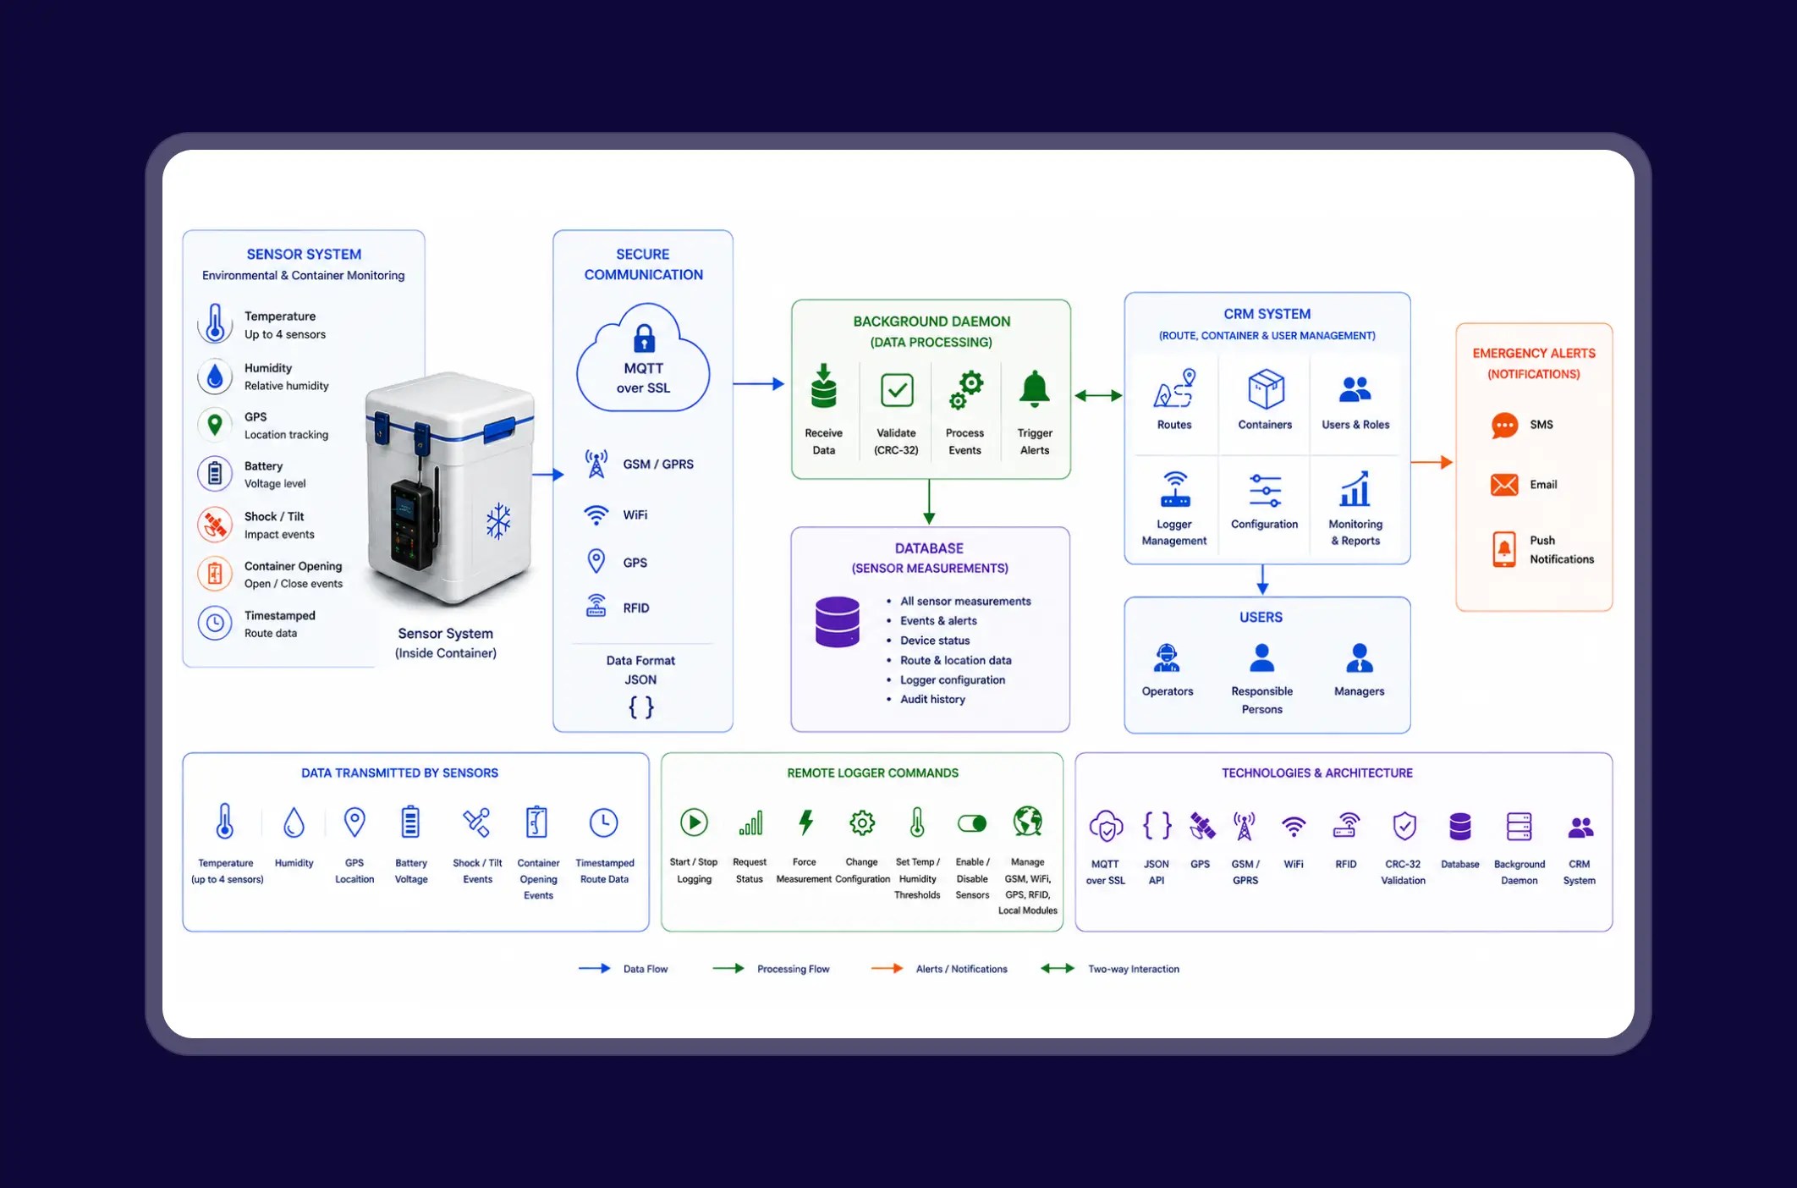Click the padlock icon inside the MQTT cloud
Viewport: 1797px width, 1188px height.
point(644,338)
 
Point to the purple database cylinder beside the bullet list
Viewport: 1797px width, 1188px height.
point(838,622)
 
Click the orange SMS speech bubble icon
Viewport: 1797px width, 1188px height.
point(1504,425)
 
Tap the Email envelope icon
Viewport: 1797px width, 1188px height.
point(1504,485)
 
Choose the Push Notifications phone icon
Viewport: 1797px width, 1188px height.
point(1504,549)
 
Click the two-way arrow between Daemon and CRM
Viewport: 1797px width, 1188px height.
point(1098,395)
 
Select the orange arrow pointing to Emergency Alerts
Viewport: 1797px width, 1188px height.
point(1432,462)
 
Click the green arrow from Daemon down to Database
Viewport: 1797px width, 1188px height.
point(929,502)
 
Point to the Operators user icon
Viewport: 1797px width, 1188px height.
point(1167,657)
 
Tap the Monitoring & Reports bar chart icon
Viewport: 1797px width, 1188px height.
point(1355,488)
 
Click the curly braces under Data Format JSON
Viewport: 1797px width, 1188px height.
point(641,707)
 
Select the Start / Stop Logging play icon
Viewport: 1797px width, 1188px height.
point(694,822)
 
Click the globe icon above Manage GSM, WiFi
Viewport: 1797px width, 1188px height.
point(1028,821)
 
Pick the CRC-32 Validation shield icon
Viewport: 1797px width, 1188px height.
point(1404,826)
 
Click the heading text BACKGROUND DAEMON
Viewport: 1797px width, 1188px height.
point(931,322)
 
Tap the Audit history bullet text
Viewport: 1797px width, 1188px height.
point(932,700)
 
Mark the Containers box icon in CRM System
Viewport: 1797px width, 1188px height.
point(1266,389)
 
